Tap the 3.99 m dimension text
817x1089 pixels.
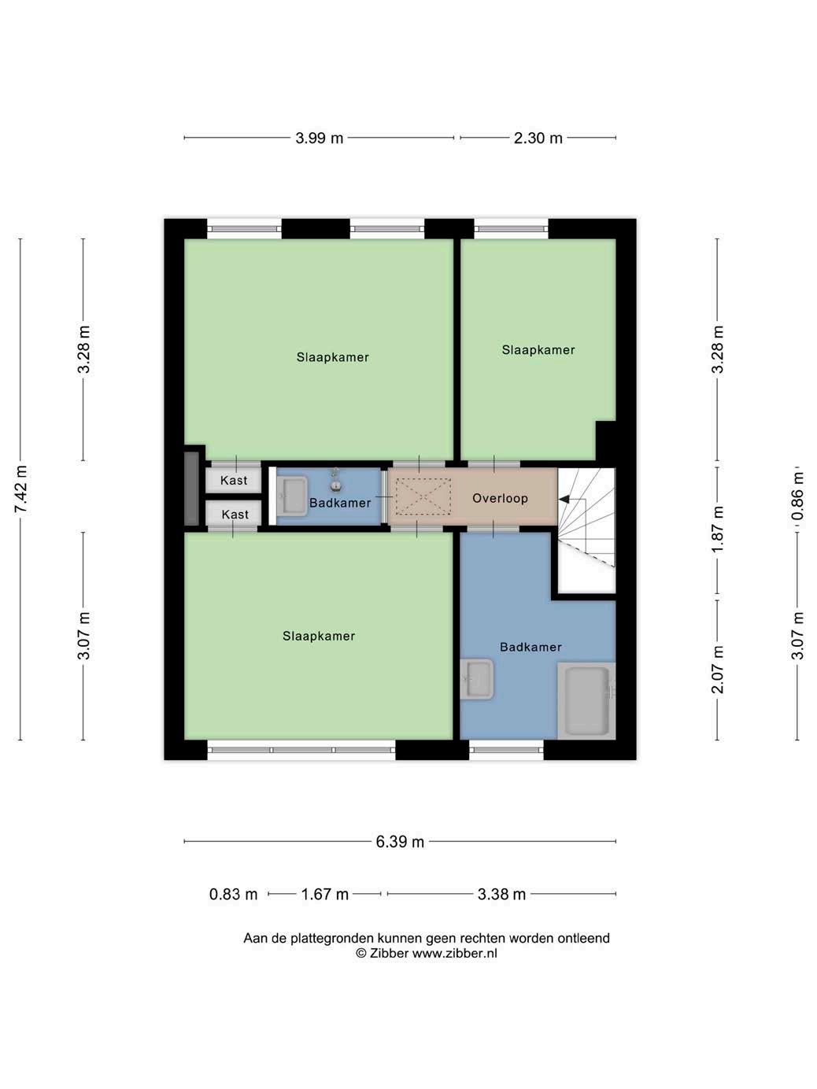point(319,138)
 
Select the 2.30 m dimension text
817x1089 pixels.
point(538,138)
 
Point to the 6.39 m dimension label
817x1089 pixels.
point(399,842)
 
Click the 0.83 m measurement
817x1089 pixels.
point(233,895)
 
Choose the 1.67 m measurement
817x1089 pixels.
point(324,895)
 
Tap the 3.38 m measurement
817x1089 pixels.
point(501,895)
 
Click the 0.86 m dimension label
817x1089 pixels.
point(797,497)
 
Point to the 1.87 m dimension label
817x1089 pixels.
point(717,529)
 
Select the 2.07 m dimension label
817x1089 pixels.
point(717,670)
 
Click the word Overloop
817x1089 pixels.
point(500,498)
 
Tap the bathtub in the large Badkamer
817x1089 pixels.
point(586,701)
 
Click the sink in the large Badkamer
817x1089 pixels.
point(476,679)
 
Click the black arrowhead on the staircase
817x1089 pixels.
point(564,500)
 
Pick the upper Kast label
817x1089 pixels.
point(234,480)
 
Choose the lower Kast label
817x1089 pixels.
point(235,515)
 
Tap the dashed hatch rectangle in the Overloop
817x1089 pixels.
point(423,497)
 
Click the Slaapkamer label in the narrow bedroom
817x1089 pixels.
point(538,350)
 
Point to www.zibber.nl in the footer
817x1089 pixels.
point(454,953)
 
